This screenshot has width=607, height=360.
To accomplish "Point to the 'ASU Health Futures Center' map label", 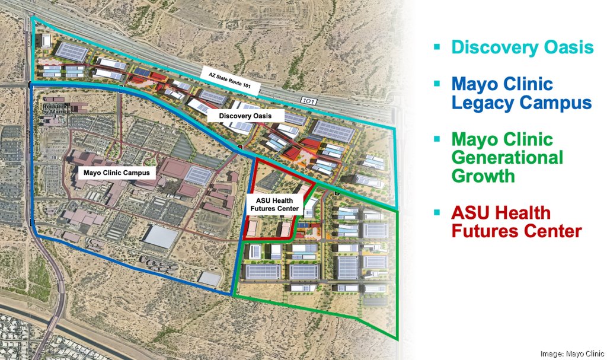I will click(273, 205).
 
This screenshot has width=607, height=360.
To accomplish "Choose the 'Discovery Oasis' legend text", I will click(522, 47).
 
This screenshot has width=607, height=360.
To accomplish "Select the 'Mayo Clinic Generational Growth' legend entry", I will click(507, 158).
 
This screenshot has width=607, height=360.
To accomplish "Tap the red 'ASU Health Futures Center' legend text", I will click(516, 221).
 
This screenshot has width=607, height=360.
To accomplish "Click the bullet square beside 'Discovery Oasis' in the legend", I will click(437, 46).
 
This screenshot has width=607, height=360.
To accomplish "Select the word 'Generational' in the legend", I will click(507, 158).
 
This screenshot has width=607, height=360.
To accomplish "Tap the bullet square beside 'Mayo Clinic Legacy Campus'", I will click(437, 82).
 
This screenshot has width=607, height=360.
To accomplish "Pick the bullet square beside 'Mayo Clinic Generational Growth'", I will click(437, 139).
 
